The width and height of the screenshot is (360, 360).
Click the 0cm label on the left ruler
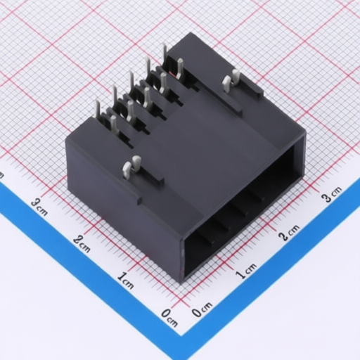169,317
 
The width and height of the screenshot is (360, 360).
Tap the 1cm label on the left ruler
126,281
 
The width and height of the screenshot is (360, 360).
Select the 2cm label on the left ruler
82,244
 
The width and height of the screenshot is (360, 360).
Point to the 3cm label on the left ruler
39,207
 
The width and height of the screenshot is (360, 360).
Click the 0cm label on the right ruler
202,309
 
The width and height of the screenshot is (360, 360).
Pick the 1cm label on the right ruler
246,271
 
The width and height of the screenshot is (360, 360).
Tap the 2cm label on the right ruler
289,233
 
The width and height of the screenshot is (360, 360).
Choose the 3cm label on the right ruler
333,194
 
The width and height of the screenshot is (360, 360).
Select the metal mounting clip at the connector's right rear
231,80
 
